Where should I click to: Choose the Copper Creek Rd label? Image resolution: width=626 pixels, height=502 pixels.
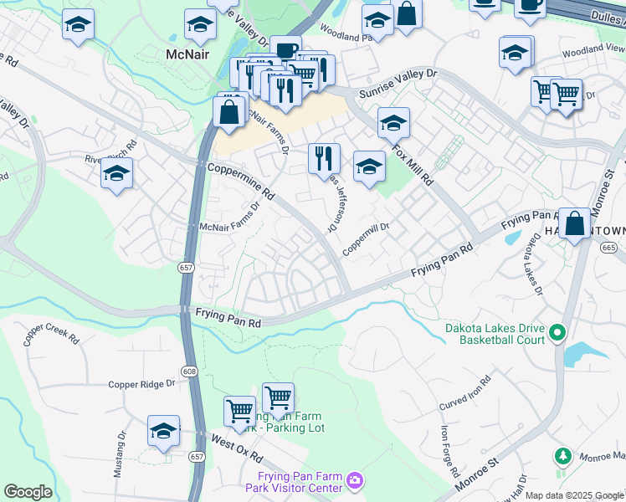pyautogui.click(x=52, y=335)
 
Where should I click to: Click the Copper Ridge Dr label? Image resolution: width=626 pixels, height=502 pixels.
pyautogui.click(x=141, y=384)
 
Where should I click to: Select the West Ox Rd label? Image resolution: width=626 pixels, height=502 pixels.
pyautogui.click(x=236, y=448)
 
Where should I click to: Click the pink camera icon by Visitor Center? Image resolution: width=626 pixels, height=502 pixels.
pyautogui.click(x=355, y=480)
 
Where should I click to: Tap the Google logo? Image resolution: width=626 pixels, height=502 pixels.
pyautogui.click(x=28, y=492)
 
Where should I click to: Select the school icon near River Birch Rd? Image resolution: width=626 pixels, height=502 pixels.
pyautogui.click(x=116, y=174)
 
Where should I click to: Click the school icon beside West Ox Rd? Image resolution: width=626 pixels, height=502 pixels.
pyautogui.click(x=163, y=431)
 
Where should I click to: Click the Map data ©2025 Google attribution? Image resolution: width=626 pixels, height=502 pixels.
pyautogui.click(x=575, y=495)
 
